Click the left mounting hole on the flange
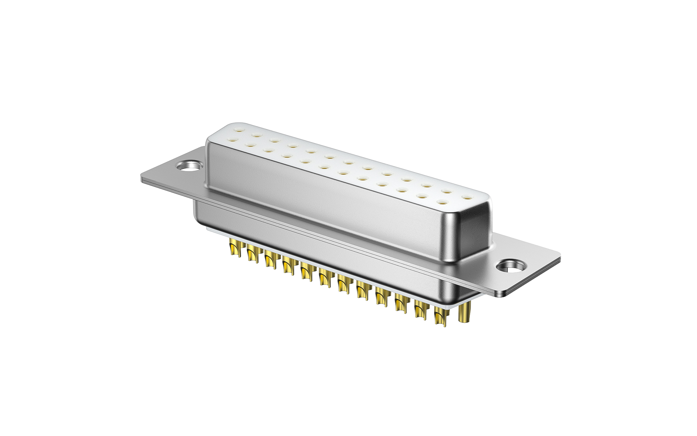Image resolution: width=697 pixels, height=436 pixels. pyautogui.click(x=189, y=166)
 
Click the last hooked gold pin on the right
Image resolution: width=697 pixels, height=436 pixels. pyautogui.click(x=440, y=316)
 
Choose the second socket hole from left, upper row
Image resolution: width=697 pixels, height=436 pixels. pyautogui.click(x=257, y=135)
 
